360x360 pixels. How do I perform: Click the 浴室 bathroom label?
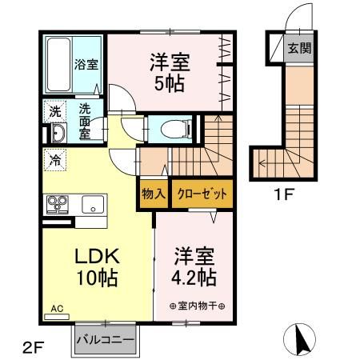point(87,64)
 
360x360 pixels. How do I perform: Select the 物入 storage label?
point(154,193)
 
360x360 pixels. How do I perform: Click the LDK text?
point(97,257)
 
